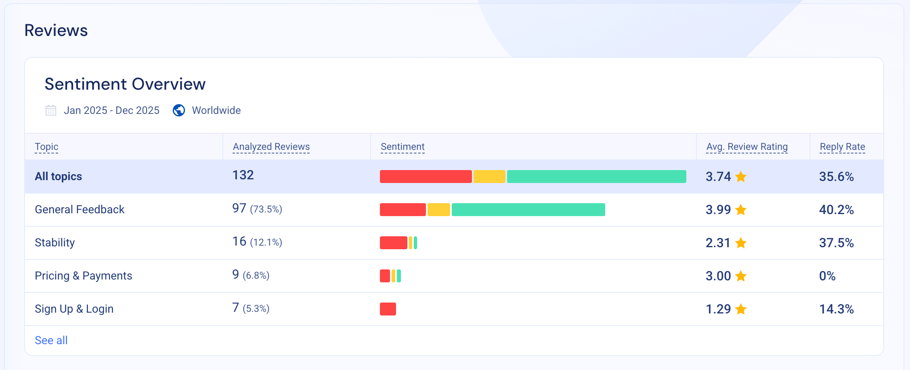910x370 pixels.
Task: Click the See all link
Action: click(51, 340)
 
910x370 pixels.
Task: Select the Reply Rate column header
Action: click(842, 147)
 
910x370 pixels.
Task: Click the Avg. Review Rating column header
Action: click(746, 147)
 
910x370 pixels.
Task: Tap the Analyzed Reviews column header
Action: click(271, 147)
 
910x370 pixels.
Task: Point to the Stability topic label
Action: click(55, 242)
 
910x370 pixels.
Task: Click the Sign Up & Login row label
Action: click(74, 309)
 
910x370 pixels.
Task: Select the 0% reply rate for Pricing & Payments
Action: click(827, 276)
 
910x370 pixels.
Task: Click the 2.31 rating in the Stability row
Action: click(718, 243)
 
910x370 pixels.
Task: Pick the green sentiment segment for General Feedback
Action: click(528, 210)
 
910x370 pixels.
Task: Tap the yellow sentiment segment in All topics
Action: click(489, 177)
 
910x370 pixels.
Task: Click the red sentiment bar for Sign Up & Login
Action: click(388, 309)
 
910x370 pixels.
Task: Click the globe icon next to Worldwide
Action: click(179, 110)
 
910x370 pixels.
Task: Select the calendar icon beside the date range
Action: click(51, 110)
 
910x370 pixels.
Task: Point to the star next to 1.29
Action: click(741, 309)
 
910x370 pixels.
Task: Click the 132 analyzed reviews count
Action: click(243, 175)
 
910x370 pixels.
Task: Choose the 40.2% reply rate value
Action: click(836, 210)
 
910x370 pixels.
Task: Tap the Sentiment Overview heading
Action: click(125, 84)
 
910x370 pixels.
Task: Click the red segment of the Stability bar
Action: click(393, 243)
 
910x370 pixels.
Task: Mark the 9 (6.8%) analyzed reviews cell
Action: click(250, 275)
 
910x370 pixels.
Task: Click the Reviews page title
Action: click(56, 30)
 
